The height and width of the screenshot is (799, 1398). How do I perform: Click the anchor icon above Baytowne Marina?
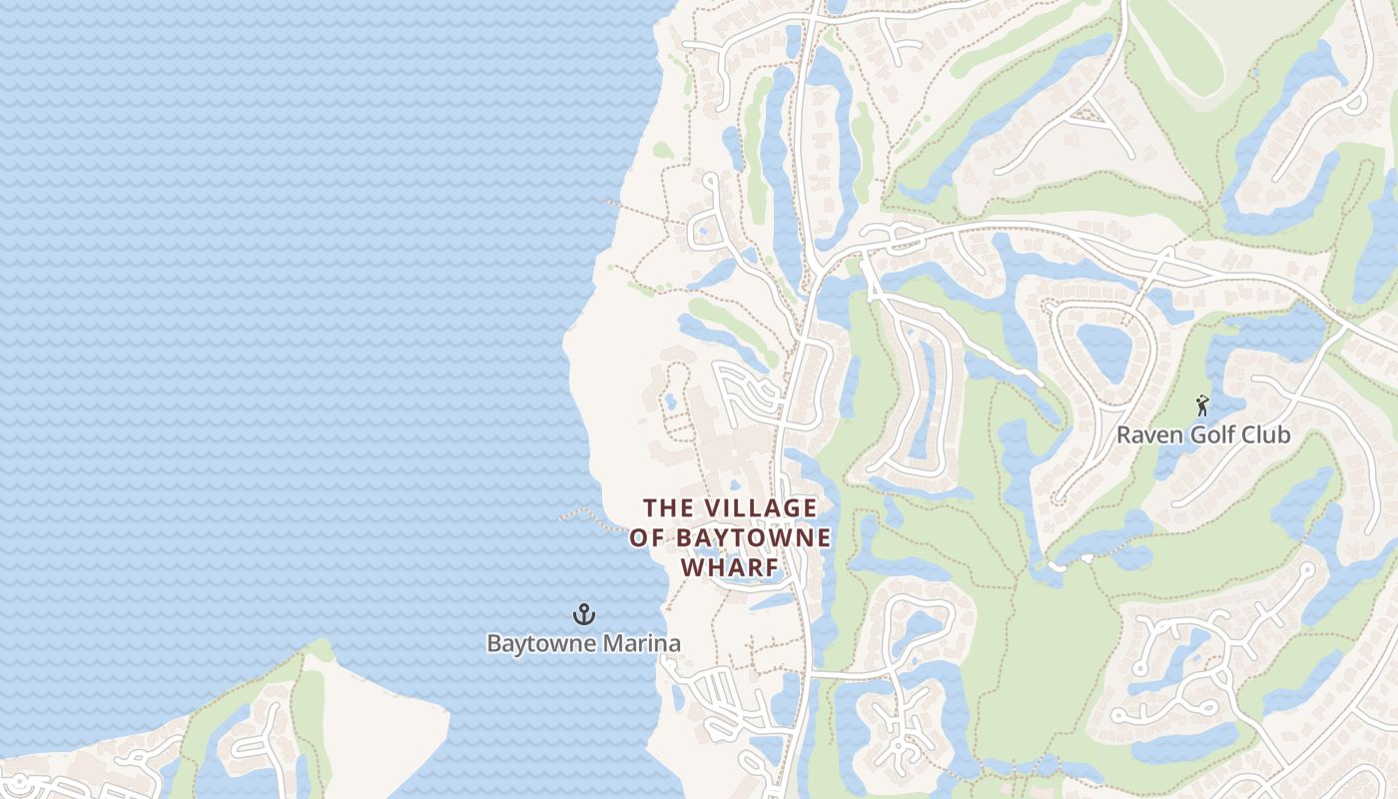point(584,613)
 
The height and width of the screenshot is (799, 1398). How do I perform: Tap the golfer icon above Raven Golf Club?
point(1203,405)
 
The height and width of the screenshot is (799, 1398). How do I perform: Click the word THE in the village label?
point(668,508)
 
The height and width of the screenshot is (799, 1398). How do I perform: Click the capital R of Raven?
point(1124,435)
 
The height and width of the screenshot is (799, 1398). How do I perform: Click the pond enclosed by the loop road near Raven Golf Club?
point(1105,351)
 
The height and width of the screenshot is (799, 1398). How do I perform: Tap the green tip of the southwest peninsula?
point(319,650)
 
